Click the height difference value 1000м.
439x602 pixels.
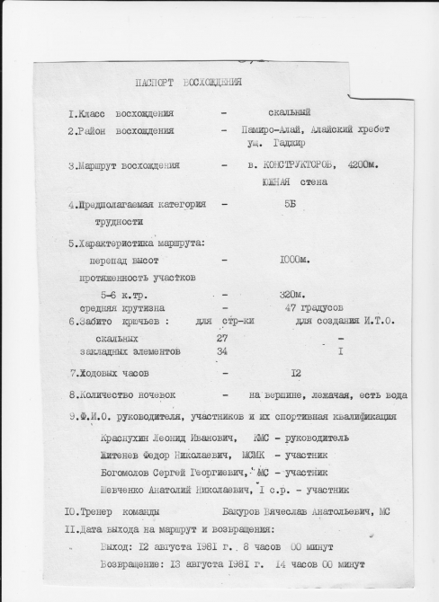point(294,261)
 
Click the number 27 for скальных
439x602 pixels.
point(222,338)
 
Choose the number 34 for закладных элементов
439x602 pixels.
point(222,351)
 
